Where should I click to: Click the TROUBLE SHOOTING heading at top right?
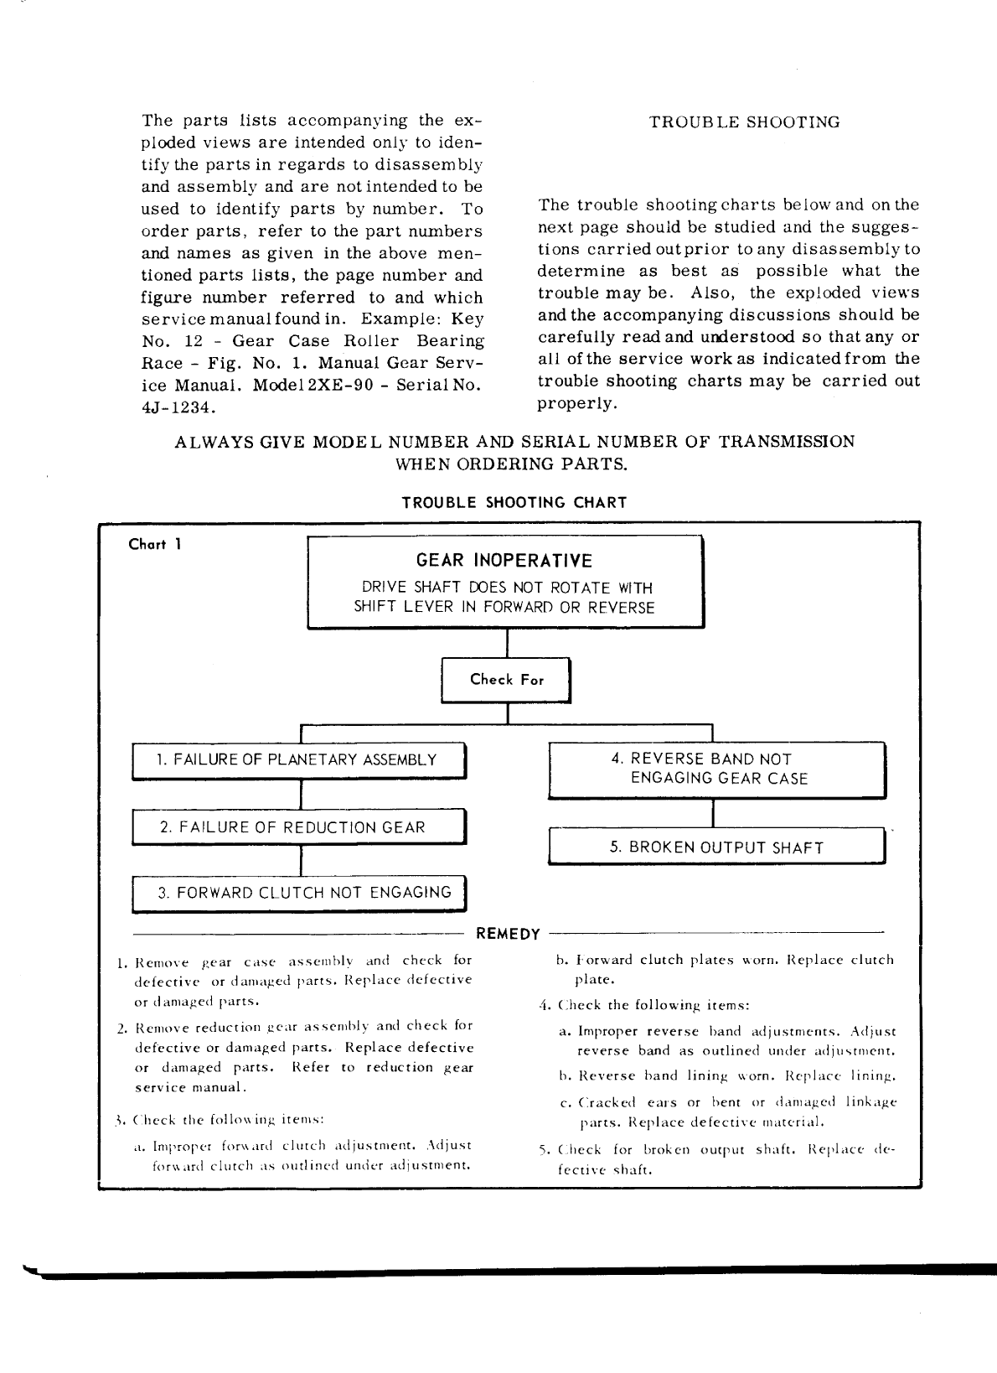[744, 122]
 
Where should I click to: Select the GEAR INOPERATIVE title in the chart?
[504, 561]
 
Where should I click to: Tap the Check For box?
[506, 680]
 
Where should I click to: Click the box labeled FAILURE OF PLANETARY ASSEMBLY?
[297, 760]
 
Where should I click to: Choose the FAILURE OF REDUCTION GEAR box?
[297, 827]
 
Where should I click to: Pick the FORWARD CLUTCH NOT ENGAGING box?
[297, 893]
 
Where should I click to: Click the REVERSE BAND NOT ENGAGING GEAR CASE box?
[716, 769]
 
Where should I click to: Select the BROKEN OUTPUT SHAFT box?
[716, 847]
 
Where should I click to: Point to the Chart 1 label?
[155, 544]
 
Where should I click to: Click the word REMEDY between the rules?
[508, 934]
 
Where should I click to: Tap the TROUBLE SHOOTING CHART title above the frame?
[514, 503]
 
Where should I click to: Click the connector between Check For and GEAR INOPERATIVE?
[508, 643]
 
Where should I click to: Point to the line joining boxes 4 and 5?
[713, 812]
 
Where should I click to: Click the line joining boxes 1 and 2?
[301, 794]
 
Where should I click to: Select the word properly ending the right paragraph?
[577, 403]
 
